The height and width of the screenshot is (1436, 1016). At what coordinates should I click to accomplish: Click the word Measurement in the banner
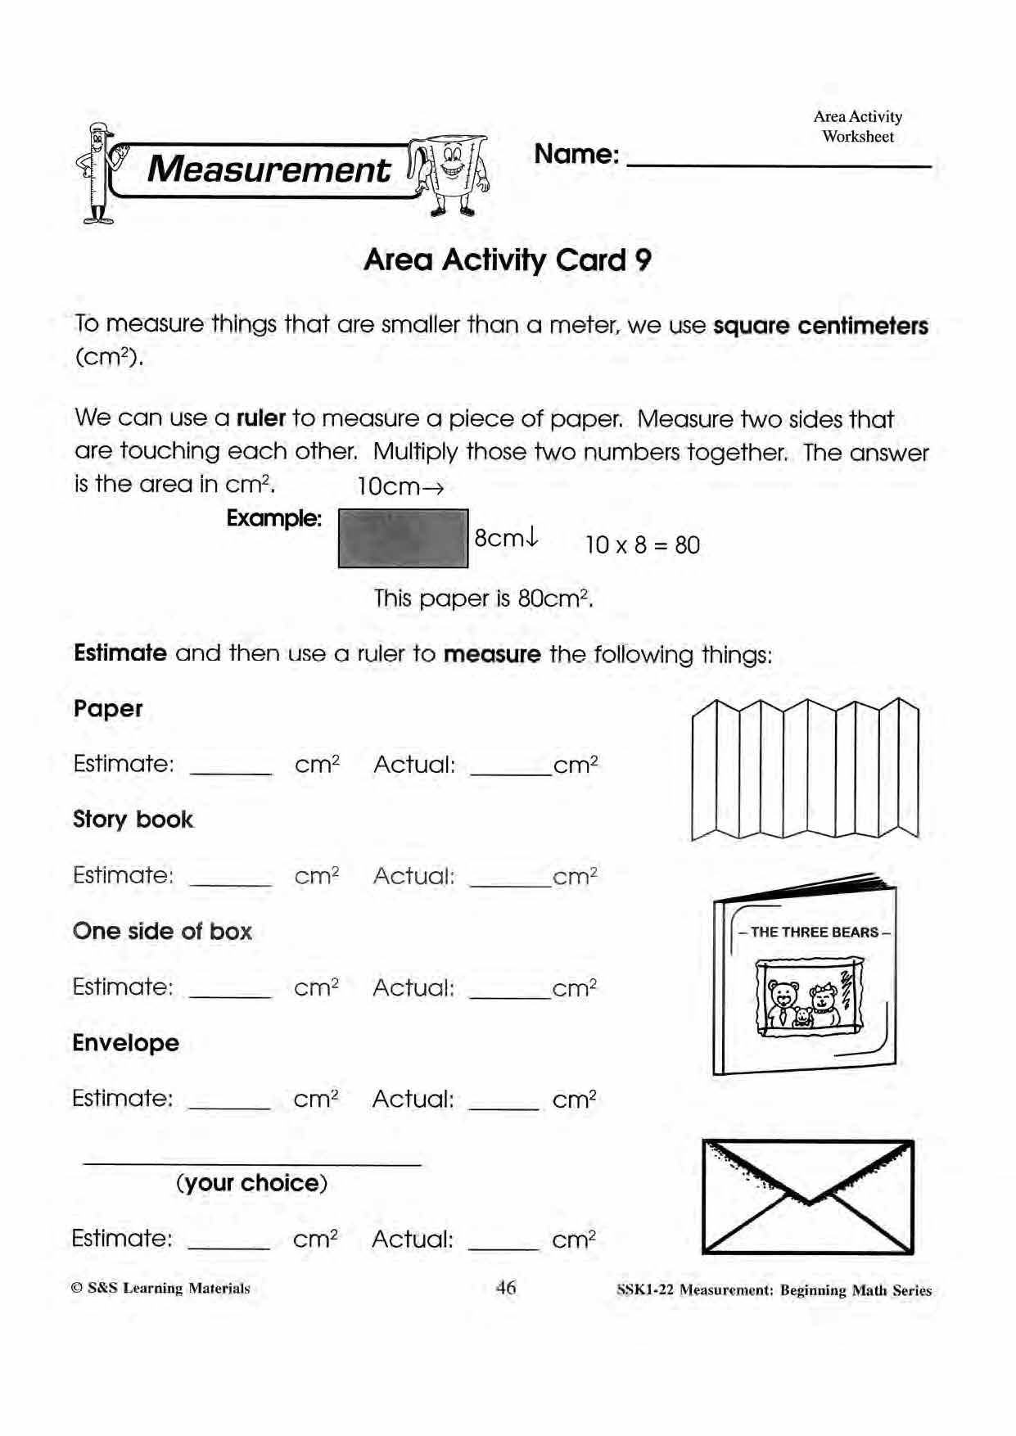coord(269,170)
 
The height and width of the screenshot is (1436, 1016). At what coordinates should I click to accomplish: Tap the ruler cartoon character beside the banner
coord(97,174)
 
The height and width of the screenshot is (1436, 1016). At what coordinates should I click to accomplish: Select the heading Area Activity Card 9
coord(508,260)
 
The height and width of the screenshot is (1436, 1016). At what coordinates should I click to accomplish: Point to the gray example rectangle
coord(403,538)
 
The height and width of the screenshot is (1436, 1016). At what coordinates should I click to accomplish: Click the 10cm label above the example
coord(400,487)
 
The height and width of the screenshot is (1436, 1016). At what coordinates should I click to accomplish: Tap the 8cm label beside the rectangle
coord(506,538)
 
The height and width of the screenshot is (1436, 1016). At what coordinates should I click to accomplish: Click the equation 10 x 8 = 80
coord(642,545)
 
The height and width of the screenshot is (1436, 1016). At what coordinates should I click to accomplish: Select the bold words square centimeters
coord(820,326)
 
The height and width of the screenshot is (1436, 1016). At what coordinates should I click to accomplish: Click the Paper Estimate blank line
coord(230,771)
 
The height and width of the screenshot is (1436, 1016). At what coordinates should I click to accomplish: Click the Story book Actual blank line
coord(510,883)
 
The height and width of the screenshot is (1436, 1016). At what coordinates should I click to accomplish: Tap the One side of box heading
coord(162,931)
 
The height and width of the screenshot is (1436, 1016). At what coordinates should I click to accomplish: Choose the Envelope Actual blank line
coord(503,1106)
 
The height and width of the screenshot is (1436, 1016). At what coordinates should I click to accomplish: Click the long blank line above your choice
coord(252,1162)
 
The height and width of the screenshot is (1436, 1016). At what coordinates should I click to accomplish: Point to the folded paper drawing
coord(805,770)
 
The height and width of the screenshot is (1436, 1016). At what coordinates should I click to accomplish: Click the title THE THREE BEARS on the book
coord(814,932)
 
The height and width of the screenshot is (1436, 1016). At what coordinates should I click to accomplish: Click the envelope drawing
coord(808,1197)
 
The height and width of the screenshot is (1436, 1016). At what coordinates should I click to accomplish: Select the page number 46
coord(506,1288)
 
